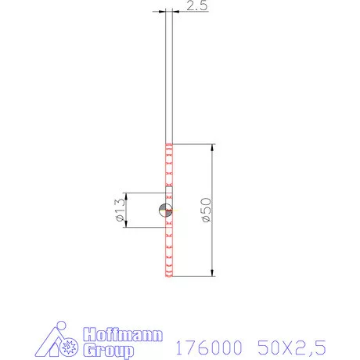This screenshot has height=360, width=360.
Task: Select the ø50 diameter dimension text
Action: [206, 211]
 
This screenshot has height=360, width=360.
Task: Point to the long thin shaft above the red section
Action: [169, 78]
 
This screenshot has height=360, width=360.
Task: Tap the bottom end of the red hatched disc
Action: [168, 275]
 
